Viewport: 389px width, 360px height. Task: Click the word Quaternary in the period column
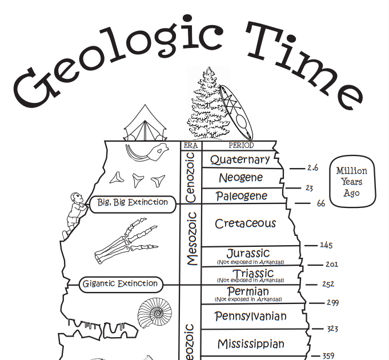click(x=240, y=159)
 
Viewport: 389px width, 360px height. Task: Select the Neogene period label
click(x=241, y=178)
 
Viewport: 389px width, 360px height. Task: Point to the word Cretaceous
click(x=245, y=223)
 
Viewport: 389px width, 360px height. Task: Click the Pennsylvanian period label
click(x=251, y=315)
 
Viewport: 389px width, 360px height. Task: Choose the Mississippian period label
click(x=251, y=344)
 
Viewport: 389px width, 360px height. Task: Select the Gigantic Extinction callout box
click(x=120, y=283)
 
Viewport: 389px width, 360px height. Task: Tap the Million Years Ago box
click(x=351, y=182)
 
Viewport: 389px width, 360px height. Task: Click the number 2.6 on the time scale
click(x=312, y=168)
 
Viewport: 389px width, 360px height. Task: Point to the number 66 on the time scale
click(x=320, y=203)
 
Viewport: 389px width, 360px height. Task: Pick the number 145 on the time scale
click(x=326, y=245)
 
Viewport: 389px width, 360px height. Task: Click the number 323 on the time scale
click(x=332, y=329)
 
